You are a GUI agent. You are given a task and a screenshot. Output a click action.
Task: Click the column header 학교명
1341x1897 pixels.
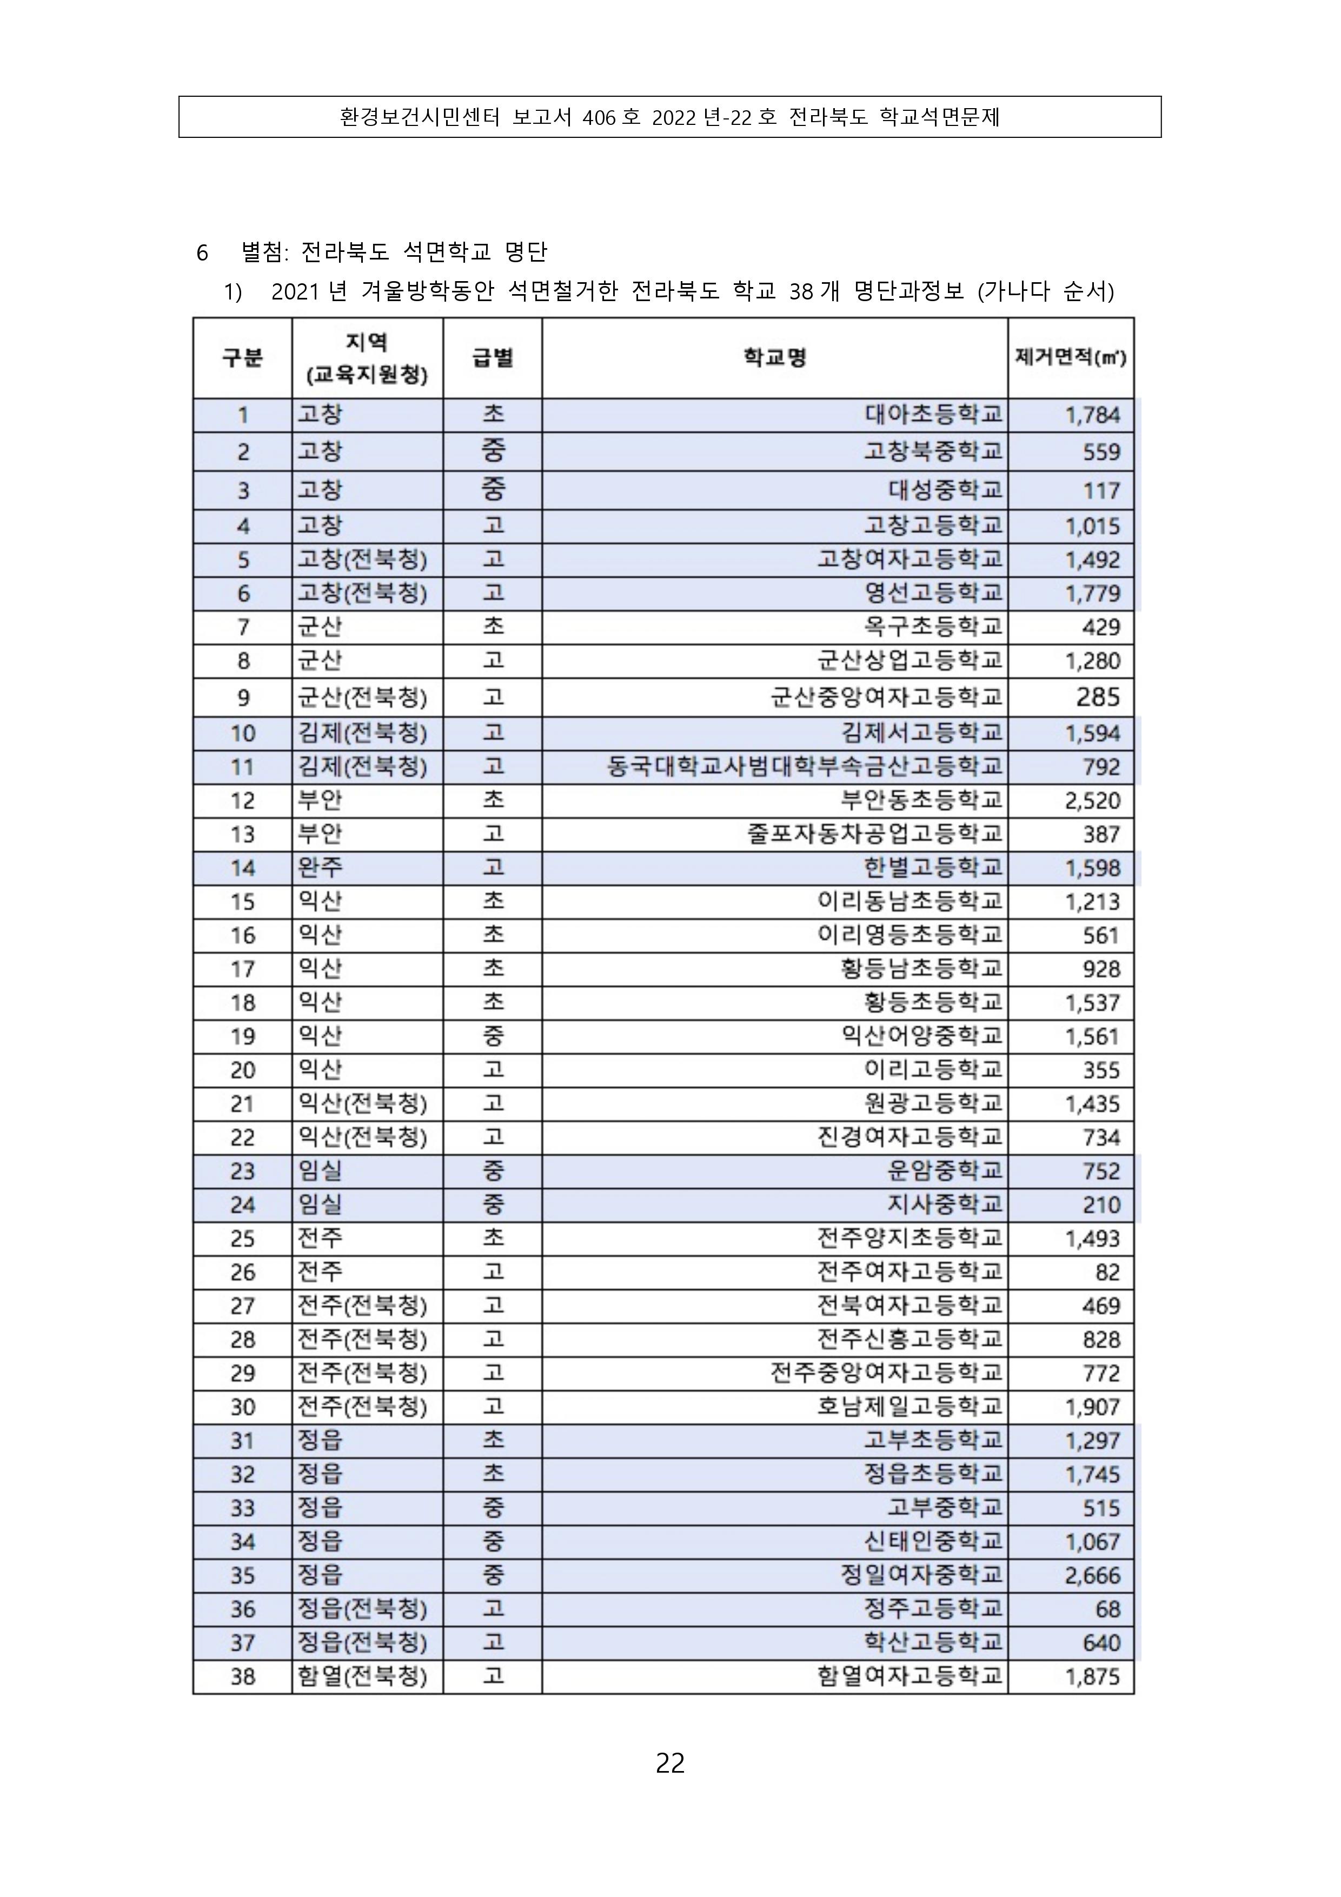pos(774,358)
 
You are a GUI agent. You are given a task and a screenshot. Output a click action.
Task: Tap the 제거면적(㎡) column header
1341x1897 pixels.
pos(1070,358)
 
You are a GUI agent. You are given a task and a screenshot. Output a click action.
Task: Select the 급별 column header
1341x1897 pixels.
pos(493,358)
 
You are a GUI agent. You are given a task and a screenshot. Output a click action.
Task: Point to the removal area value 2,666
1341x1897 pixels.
pos(1092,1575)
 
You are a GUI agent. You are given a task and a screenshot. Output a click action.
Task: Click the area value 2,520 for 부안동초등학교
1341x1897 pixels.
pos(1092,801)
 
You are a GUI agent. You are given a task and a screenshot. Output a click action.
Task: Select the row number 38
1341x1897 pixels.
pos(242,1676)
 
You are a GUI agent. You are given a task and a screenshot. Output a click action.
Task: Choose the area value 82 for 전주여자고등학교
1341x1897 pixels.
pos(1107,1273)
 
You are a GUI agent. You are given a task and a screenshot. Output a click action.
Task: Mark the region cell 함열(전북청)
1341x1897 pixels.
pos(362,1676)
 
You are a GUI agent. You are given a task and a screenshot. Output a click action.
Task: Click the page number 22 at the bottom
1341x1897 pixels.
pos(670,1762)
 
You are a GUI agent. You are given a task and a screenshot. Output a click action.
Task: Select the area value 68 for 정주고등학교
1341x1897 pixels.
pos(1107,1609)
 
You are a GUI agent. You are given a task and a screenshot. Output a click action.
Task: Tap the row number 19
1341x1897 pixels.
pos(242,1036)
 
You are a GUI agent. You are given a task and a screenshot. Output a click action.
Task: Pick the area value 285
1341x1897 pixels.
pos(1097,697)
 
